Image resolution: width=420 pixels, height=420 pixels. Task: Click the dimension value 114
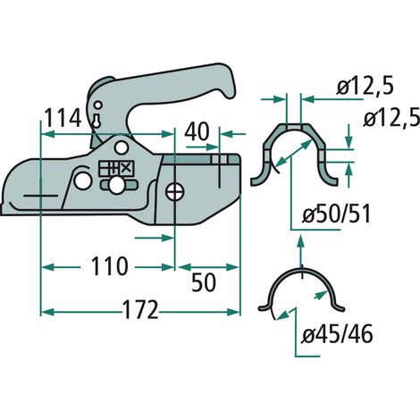pyautogui.click(x=63, y=118)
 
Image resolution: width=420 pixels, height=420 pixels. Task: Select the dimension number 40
pyautogui.click(x=197, y=131)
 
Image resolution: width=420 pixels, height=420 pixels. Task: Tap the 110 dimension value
pyautogui.click(x=110, y=266)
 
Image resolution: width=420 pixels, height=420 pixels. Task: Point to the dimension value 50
pyautogui.click(x=204, y=282)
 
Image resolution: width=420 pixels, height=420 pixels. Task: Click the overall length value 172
pyautogui.click(x=140, y=310)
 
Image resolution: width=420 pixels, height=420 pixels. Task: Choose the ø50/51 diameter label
pyautogui.click(x=336, y=214)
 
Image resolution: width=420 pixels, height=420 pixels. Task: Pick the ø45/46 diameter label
pyautogui.click(x=337, y=334)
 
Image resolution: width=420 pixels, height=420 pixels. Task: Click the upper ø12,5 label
pyautogui.click(x=365, y=87)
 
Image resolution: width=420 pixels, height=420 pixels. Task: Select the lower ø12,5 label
pyautogui.click(x=391, y=118)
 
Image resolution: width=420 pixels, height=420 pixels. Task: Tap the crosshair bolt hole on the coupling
pyautogui.click(x=175, y=192)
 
